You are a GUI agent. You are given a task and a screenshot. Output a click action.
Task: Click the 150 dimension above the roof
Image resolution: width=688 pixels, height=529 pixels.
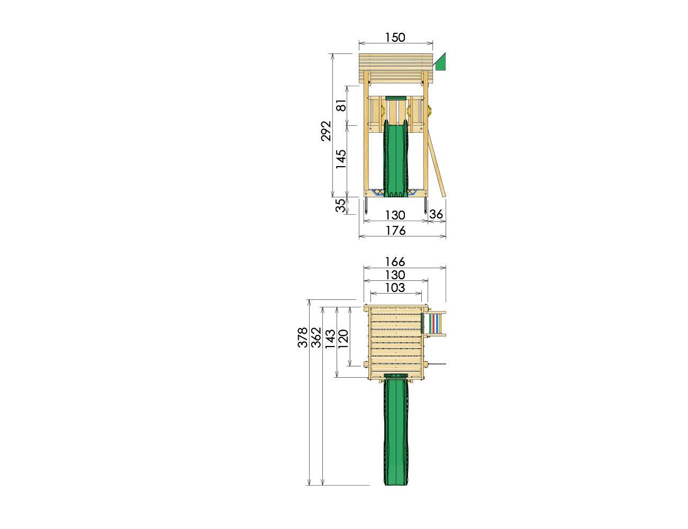395,38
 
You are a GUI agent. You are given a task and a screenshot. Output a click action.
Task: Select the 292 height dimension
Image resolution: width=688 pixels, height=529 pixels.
326,131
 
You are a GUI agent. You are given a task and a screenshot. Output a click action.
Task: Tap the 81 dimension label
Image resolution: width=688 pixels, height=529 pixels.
342,105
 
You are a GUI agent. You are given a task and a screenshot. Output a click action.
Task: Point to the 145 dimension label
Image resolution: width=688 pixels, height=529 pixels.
341,159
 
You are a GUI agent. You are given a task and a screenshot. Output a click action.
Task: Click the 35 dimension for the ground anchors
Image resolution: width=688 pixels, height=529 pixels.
341,205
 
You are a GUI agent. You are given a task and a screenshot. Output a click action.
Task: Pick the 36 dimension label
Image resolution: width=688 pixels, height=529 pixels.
436,215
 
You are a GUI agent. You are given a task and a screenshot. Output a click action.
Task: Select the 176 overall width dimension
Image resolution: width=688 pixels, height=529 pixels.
395,231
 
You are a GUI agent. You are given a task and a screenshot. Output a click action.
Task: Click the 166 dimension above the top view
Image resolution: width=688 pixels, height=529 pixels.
395,262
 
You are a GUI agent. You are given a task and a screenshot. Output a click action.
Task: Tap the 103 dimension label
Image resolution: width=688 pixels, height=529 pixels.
395,288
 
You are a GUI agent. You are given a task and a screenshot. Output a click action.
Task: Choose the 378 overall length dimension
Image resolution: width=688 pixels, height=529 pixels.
303,338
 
